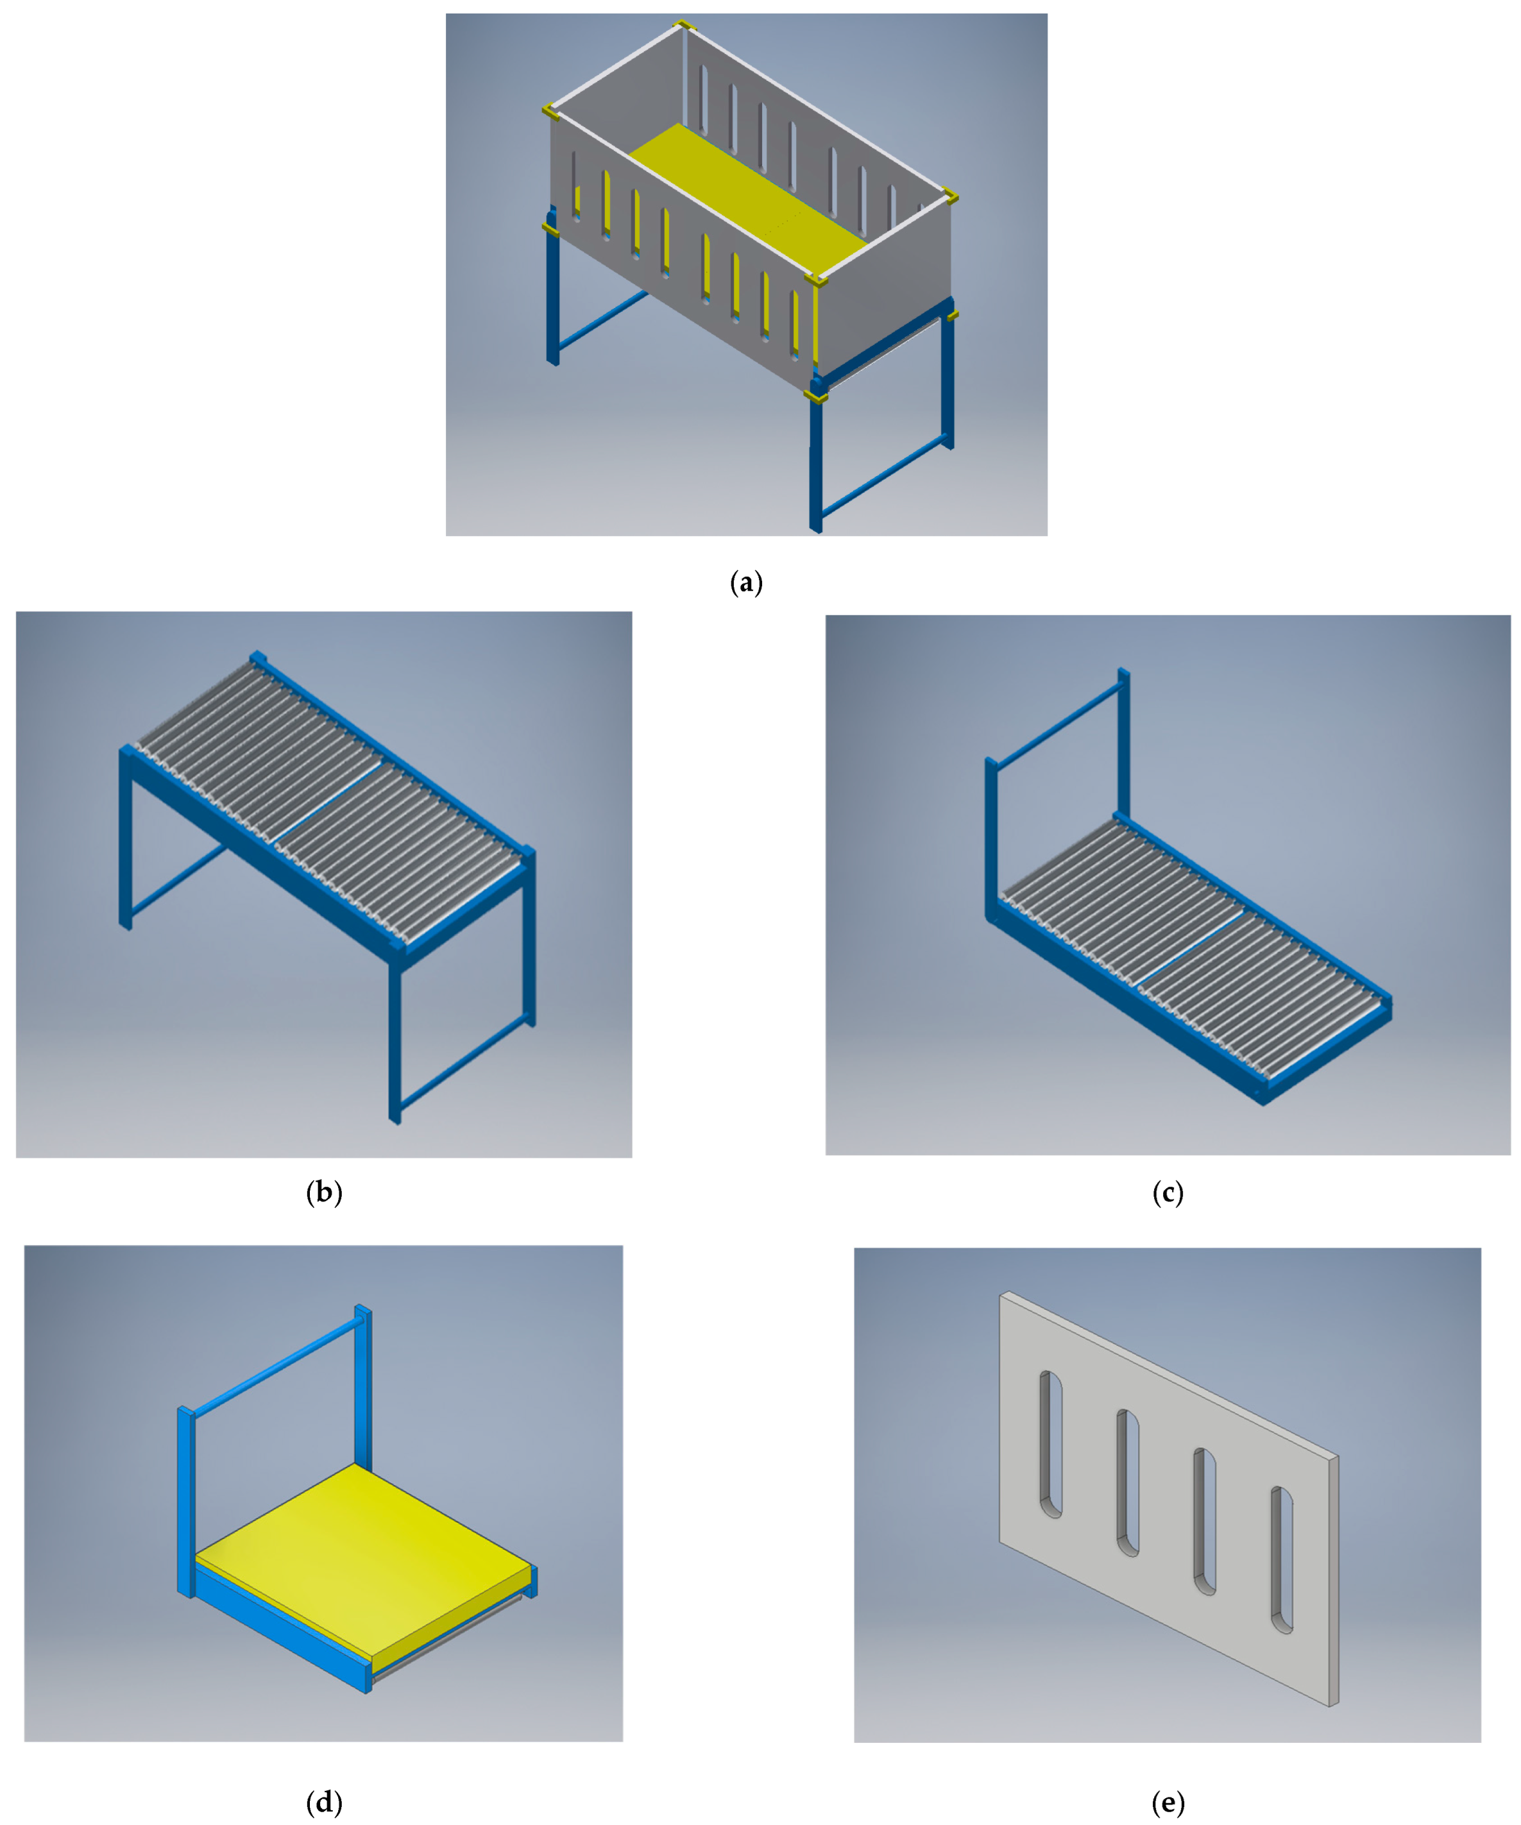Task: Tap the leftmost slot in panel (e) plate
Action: (1051, 1445)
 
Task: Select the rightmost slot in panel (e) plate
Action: (1282, 1560)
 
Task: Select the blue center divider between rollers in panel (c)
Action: (1191, 948)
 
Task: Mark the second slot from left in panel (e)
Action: (1127, 1482)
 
